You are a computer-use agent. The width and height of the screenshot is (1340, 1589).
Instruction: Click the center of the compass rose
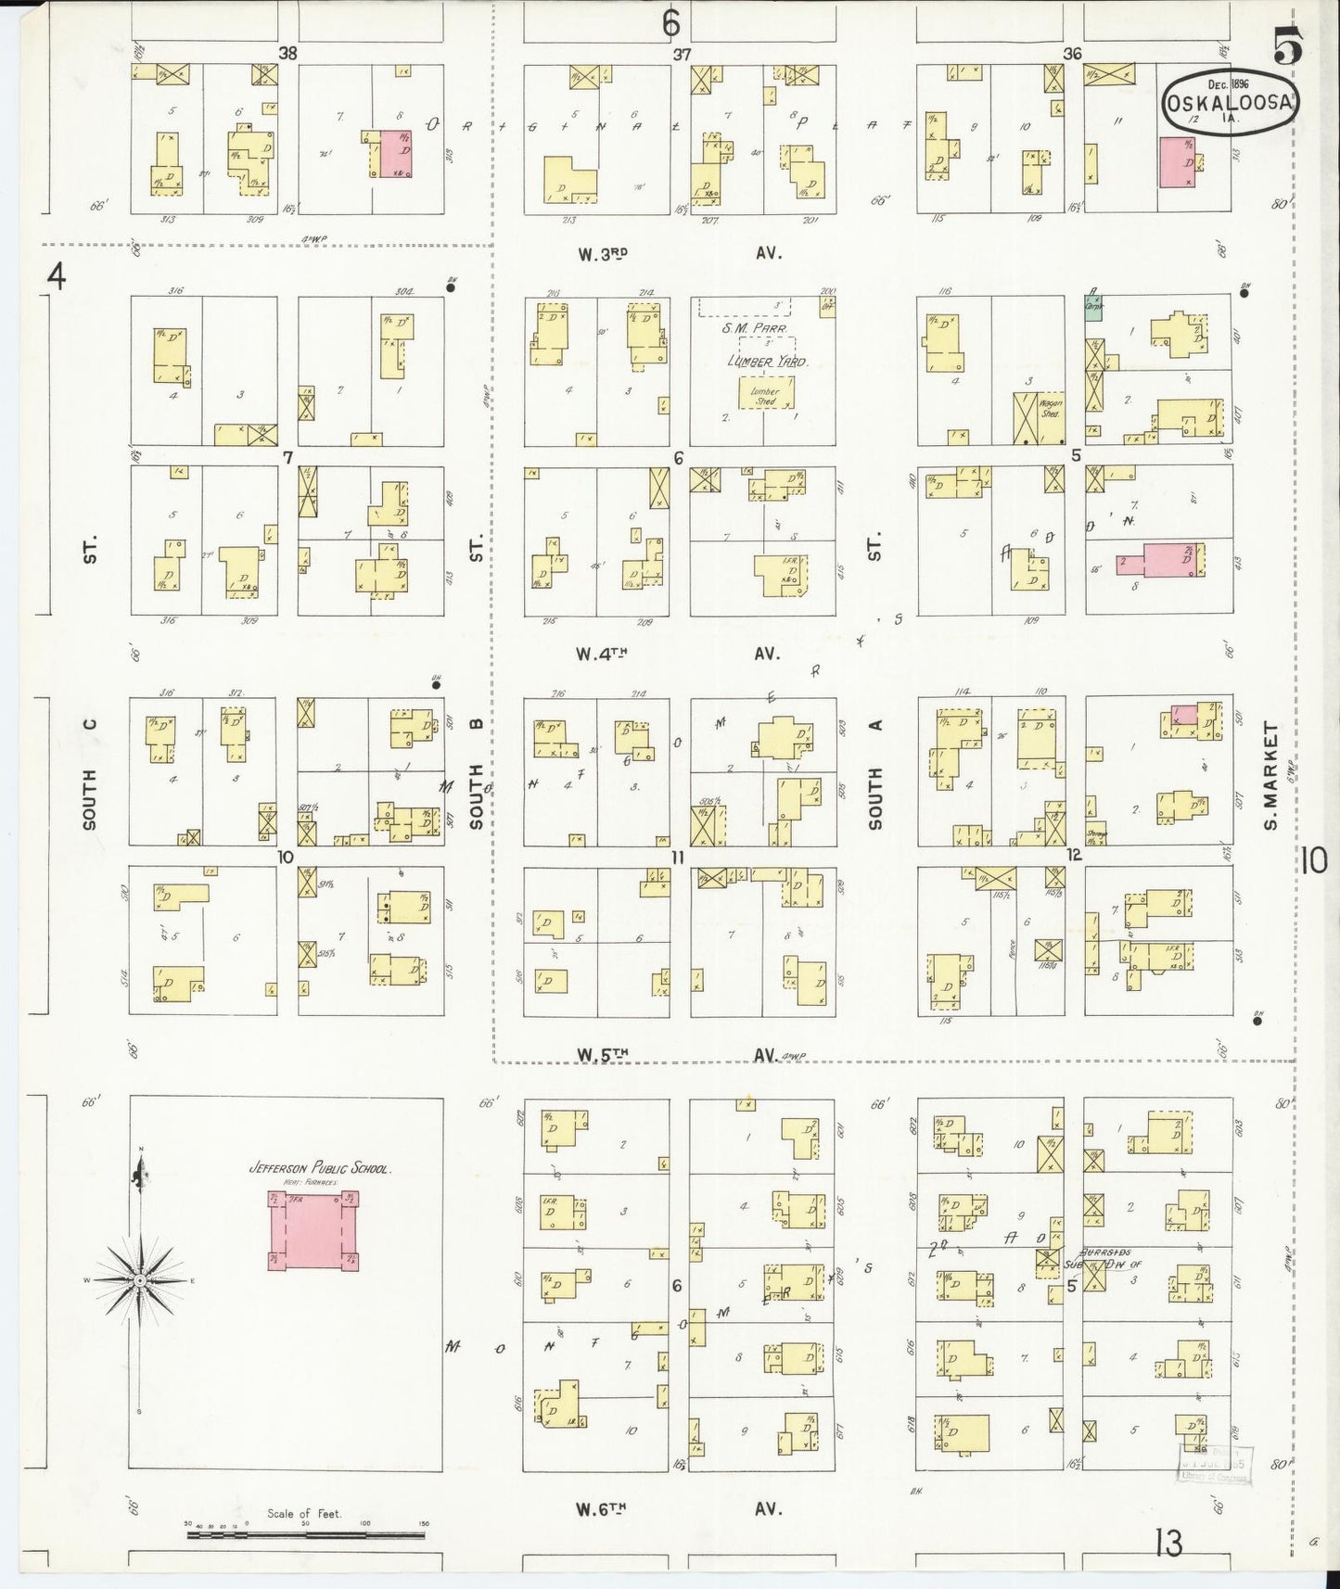pos(139,1280)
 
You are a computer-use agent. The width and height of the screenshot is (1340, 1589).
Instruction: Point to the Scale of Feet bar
pos(305,1534)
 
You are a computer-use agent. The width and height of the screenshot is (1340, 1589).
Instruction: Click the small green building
pos(1094,308)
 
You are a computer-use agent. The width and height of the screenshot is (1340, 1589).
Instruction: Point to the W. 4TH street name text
pos(602,654)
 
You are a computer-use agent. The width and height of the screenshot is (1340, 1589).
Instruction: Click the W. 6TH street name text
pos(602,1508)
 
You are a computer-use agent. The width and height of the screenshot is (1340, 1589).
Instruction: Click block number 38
pos(288,54)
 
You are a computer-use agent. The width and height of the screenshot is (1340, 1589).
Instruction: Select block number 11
pos(678,858)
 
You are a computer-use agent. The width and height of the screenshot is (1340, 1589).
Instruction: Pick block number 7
pos(287,457)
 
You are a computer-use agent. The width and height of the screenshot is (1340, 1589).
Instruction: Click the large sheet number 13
pos(1169,1544)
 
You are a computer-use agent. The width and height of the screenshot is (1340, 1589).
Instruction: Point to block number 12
pos(1073,855)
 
